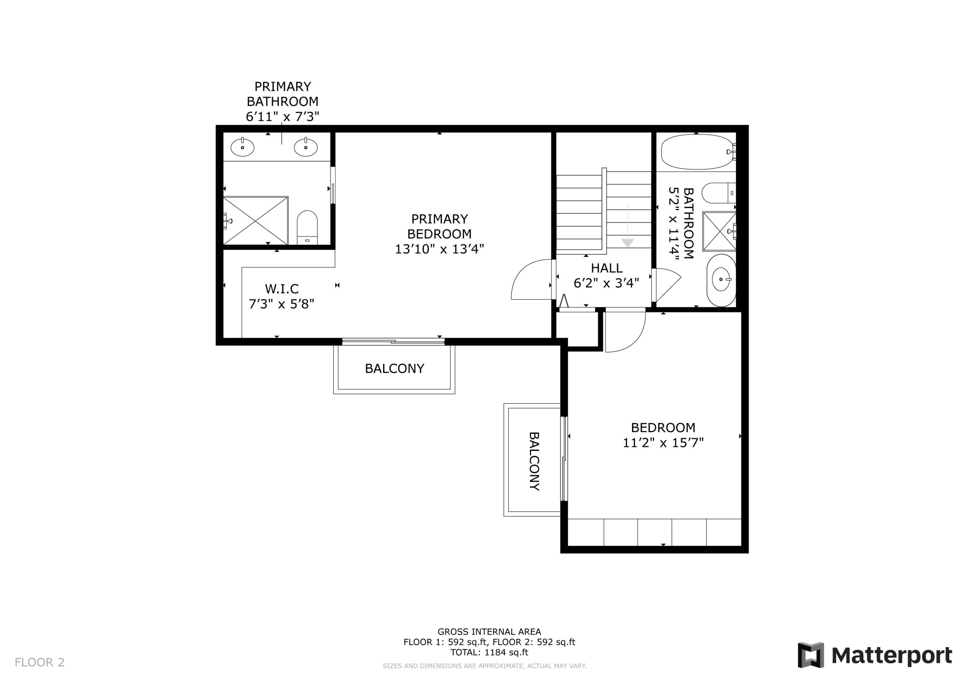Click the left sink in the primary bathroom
tap(242, 147)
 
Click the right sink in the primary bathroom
tap(306, 147)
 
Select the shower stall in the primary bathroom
tap(255, 220)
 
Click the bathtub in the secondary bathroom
tap(696, 151)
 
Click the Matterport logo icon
tap(810, 655)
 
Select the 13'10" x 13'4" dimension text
tap(439, 249)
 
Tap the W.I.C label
tap(282, 289)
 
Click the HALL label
tap(607, 268)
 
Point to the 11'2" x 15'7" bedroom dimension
tap(663, 443)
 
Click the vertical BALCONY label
tap(534, 461)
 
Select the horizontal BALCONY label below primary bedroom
tap(394, 368)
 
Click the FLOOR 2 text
tap(40, 662)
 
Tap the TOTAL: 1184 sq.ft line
tap(489, 652)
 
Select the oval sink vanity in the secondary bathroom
tap(721, 280)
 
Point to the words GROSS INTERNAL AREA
tap(489, 632)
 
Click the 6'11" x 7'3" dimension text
tap(282, 117)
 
